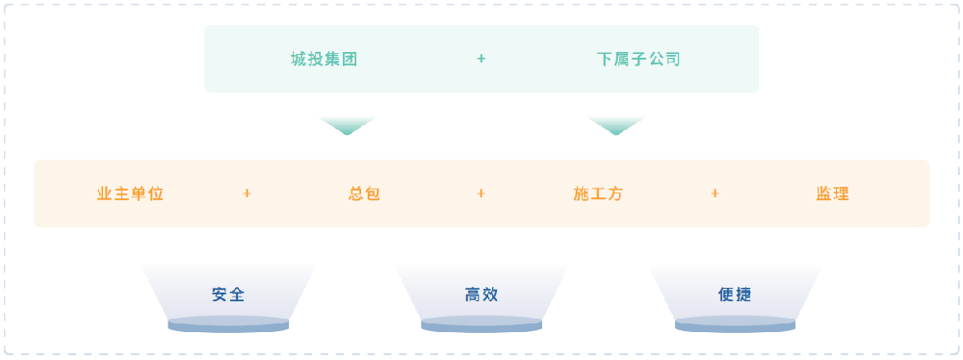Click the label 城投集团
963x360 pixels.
coord(325,59)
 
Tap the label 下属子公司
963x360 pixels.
coord(638,59)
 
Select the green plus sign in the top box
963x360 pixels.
coord(481,59)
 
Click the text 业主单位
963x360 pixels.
coord(131,193)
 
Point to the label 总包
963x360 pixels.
coord(365,193)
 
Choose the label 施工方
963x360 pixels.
coord(598,193)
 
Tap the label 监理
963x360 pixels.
coord(832,193)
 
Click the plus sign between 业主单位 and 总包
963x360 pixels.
coord(247,193)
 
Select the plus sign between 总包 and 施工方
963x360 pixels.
coord(481,193)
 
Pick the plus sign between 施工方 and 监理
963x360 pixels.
coord(715,193)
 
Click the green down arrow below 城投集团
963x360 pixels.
coord(347,126)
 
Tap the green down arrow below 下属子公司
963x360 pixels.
coord(615,126)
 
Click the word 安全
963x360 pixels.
coord(228,295)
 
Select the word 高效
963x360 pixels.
coord(481,295)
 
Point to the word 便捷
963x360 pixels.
coord(735,295)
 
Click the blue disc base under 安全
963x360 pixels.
coord(228,325)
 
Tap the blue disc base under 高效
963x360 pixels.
coord(481,325)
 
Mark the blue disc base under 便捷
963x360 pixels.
coord(735,325)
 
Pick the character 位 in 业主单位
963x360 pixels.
coord(156,193)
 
